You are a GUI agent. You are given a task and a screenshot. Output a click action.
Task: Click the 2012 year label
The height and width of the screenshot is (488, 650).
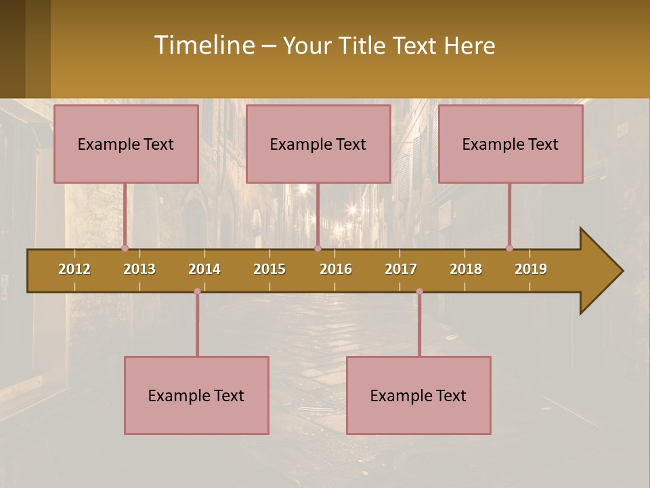pos(74,269)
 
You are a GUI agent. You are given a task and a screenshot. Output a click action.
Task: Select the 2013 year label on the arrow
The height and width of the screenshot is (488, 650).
pos(139,269)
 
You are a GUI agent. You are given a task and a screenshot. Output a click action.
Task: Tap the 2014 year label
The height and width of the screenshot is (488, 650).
pos(204,269)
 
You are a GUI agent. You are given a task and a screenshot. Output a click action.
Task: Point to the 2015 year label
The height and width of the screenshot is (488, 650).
pos(269,269)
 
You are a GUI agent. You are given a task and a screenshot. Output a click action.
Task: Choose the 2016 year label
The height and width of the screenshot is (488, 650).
pos(336,269)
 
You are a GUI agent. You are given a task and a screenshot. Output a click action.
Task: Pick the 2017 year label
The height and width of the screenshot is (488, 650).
pos(401,269)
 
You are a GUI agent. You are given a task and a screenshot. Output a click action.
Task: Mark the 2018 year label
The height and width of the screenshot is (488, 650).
pos(466,269)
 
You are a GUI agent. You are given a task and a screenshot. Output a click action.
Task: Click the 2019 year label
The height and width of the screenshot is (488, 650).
pos(531,269)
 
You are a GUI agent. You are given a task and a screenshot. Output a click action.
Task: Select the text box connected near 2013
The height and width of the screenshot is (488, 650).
pos(126,144)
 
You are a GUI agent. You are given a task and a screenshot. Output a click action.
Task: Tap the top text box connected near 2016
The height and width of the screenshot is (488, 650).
pos(318,144)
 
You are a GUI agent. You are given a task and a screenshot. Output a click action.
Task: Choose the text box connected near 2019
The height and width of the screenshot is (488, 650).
pos(511,144)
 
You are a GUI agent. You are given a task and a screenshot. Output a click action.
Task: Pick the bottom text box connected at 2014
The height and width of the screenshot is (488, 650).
pos(196,395)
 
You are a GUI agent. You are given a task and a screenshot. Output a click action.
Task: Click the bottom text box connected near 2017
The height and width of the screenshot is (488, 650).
pos(418,395)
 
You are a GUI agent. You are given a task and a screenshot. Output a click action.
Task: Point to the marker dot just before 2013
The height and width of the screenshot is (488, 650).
pos(125,248)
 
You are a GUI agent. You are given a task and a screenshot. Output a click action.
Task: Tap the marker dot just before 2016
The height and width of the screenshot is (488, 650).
pos(318,248)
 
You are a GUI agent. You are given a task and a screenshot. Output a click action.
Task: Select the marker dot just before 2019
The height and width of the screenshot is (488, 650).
pos(509,248)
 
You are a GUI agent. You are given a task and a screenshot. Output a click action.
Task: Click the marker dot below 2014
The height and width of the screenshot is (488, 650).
pos(197,291)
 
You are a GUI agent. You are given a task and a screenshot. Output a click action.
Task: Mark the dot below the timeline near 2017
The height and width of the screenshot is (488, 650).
pos(419,291)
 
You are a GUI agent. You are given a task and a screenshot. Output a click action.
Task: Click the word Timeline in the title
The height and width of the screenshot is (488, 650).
pos(204,45)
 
